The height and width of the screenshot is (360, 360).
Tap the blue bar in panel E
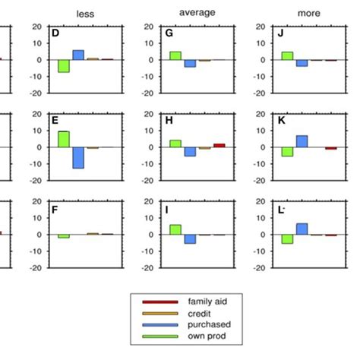click(77, 157)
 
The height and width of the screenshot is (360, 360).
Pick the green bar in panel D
click(64, 66)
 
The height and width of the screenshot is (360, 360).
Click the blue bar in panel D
click(77, 55)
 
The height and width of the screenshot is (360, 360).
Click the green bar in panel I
click(175, 229)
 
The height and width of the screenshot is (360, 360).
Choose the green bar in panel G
click(175, 55)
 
